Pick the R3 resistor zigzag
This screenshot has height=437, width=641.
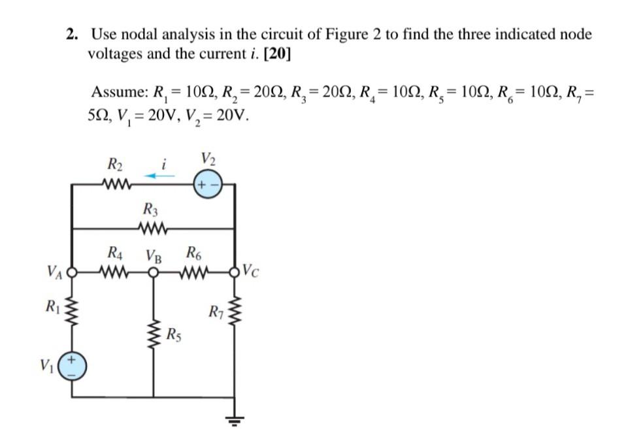pyautogui.click(x=154, y=229)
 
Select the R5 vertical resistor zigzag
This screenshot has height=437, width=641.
pyautogui.click(x=154, y=334)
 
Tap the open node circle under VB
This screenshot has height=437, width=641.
pyautogui.click(x=154, y=272)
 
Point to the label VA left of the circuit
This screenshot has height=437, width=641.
pyautogui.click(x=55, y=269)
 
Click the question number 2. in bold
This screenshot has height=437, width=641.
pyautogui.click(x=73, y=35)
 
